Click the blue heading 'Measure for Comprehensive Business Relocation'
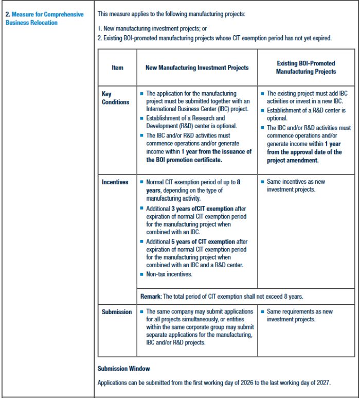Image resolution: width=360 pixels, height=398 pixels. [44, 18]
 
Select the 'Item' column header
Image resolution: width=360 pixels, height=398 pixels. [117, 67]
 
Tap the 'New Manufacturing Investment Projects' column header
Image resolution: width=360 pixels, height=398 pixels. [197, 67]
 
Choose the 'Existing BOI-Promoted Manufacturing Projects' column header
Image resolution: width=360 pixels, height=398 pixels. [305, 67]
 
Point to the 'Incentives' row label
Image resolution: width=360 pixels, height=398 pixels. [115, 182]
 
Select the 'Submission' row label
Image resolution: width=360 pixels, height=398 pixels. [117, 312]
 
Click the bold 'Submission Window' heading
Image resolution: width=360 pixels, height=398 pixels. [123, 369]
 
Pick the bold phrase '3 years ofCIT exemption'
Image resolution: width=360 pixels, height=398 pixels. [202, 209]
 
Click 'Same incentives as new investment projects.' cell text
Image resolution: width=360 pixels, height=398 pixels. [296, 185]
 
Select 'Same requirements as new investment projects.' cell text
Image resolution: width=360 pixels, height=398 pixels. [299, 315]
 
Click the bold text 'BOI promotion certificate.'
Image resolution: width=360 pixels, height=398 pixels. [184, 160]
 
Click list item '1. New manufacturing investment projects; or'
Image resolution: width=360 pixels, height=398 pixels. [152, 29]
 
